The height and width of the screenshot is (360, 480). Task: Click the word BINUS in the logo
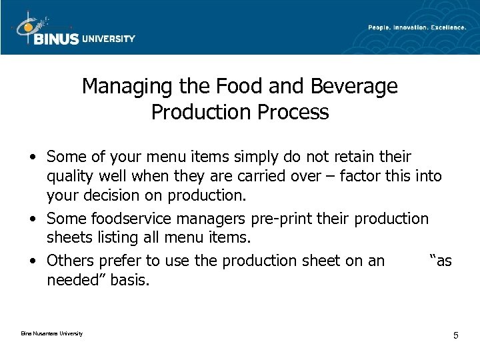(55, 39)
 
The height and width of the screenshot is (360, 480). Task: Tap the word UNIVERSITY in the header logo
(109, 39)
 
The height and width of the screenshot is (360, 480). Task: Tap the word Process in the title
(297, 112)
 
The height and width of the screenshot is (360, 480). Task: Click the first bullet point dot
(32, 157)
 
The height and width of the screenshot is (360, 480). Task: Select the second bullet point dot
(32, 219)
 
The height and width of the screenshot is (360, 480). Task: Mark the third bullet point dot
(32, 261)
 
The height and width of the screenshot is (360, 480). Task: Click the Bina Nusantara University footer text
(47, 333)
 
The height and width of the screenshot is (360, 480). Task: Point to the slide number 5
(455, 335)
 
